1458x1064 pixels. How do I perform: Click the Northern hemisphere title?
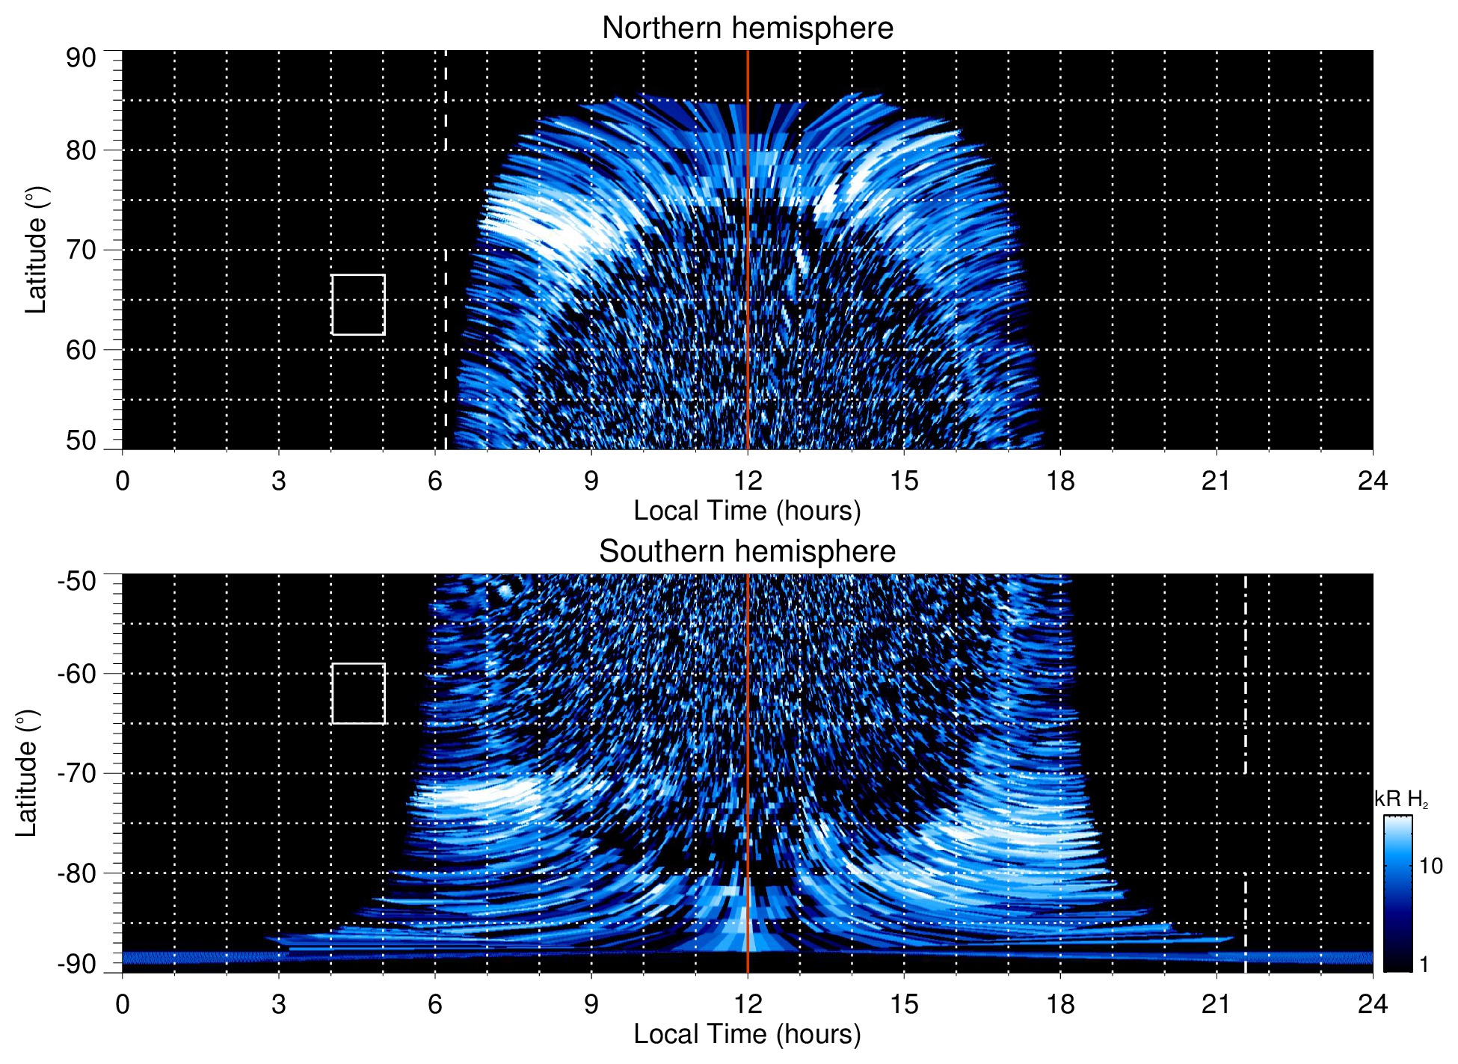tap(747, 28)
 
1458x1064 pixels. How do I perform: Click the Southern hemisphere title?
tap(747, 552)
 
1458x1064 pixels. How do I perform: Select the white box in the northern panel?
tap(358, 304)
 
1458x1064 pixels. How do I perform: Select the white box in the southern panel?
tap(358, 693)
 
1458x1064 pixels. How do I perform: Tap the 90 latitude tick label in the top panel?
tap(81, 58)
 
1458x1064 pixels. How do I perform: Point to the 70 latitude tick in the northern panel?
tap(81, 250)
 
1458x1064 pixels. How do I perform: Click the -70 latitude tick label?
tap(76, 773)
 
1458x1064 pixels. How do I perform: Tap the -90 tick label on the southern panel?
tap(76, 965)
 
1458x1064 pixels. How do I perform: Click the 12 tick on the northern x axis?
tap(747, 480)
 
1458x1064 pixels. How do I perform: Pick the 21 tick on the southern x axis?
tap(1216, 1003)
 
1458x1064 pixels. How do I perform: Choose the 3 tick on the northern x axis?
tap(279, 480)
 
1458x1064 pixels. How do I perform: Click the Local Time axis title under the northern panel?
tap(747, 511)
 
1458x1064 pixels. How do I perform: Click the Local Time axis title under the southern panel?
tap(747, 1034)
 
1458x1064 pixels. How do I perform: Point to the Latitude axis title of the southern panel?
tap(27, 774)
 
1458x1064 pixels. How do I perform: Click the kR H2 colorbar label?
tap(1401, 799)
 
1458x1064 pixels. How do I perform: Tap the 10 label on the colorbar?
tap(1430, 866)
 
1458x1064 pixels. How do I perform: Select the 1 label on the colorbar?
tap(1424, 965)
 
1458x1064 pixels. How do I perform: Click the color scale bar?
tap(1397, 894)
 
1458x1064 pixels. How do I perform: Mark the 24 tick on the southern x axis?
tap(1372, 1003)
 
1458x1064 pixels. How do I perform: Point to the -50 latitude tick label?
tap(76, 581)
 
